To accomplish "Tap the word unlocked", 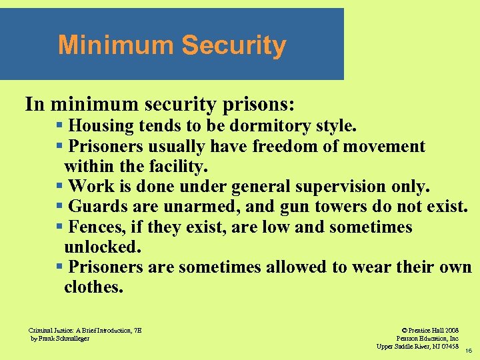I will (102, 247).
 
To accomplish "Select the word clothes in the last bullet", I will (93, 287).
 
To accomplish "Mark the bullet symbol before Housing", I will (60, 125).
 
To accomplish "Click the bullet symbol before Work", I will (60, 185).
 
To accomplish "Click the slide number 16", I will (469, 350).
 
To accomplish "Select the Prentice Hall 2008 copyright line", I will (430, 330).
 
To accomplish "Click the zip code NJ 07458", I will (443, 346).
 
